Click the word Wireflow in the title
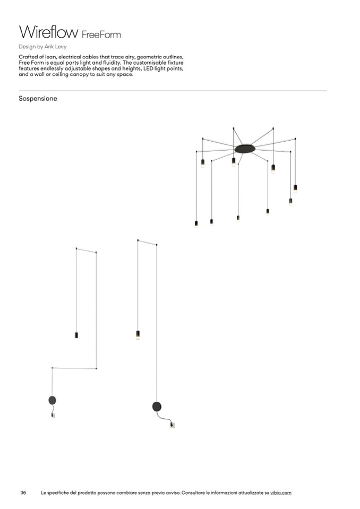[49, 32]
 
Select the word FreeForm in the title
[101, 34]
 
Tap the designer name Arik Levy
[56, 47]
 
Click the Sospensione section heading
[38, 98]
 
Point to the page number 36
[23, 493]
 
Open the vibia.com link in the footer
[281, 493]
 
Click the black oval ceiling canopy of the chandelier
[245, 149]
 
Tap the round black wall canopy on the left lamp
[52, 400]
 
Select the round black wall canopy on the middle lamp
[157, 407]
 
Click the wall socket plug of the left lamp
[53, 415]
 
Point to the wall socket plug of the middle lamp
[172, 425]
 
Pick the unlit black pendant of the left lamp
[76, 335]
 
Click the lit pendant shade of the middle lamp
[138, 335]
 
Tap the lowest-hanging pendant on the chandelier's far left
[196, 224]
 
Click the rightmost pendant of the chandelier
[295, 188]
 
